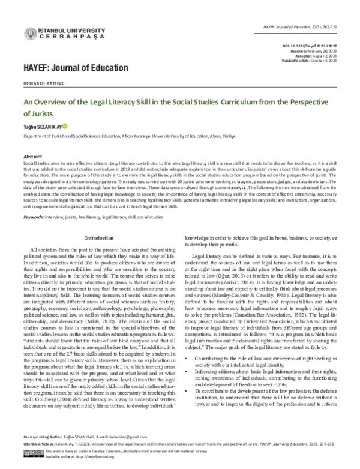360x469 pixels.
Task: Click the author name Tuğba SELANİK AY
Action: tap(41, 127)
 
